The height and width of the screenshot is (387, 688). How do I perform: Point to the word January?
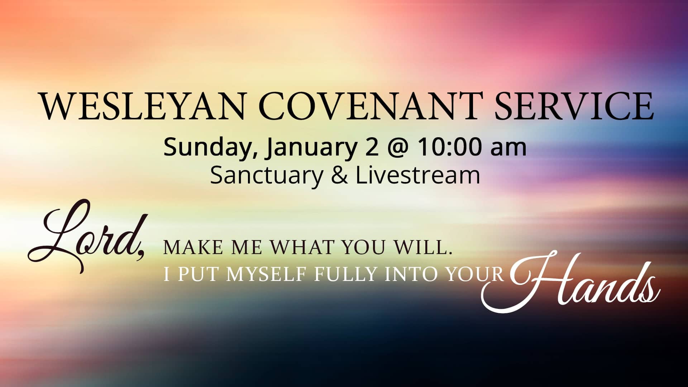coord(310,148)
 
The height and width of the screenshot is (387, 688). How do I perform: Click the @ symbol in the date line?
coord(398,148)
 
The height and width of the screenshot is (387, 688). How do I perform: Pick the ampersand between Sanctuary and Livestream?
coord(339,176)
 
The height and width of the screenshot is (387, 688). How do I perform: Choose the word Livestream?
coord(417,175)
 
